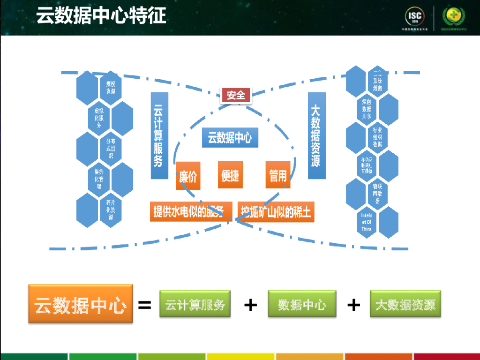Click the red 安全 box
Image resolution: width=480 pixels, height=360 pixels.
pos(236,96)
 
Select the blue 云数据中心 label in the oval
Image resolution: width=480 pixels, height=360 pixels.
pos(230,138)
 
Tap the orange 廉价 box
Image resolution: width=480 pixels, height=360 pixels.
pos(188,176)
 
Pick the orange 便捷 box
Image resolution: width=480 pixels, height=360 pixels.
pos(230,175)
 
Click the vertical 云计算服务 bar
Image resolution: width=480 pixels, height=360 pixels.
pos(159,135)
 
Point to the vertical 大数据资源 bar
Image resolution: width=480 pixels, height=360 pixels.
pos(316,135)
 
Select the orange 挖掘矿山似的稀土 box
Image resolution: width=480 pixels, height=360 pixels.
pos(276,212)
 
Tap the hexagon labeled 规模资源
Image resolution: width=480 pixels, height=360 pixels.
pos(111,88)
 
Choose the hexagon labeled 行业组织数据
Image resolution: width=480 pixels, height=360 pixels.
pos(377,137)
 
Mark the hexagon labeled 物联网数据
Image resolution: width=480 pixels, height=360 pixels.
pos(377,194)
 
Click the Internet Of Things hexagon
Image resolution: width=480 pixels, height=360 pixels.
pos(367,222)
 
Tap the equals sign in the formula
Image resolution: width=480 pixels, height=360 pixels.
pos(145,306)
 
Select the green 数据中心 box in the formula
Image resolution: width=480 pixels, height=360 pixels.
pos(302,304)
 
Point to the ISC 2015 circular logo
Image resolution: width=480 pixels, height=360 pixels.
pos(416,17)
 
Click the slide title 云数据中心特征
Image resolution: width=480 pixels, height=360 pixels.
pos(101,16)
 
